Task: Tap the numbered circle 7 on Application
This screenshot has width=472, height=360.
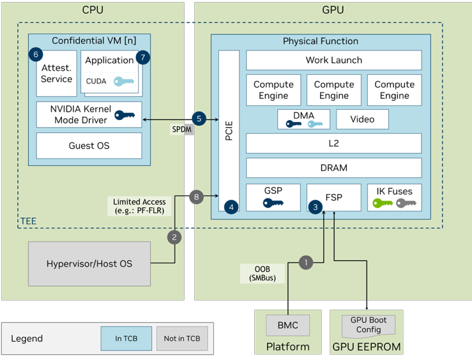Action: click(x=142, y=57)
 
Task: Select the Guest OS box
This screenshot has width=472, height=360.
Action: click(x=89, y=146)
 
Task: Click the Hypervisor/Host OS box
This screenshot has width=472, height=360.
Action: click(x=89, y=264)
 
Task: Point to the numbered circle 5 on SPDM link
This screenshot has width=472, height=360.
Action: click(x=199, y=119)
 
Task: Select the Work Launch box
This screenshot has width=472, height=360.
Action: click(x=333, y=60)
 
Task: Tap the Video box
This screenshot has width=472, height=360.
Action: click(x=362, y=119)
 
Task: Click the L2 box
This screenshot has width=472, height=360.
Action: click(x=333, y=144)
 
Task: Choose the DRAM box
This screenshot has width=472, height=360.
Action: click(x=333, y=168)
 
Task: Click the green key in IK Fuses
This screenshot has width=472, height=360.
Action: click(x=383, y=204)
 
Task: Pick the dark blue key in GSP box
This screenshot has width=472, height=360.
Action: click(x=273, y=204)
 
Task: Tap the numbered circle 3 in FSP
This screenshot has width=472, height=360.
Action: click(x=314, y=207)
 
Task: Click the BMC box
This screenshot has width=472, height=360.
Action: click(x=287, y=325)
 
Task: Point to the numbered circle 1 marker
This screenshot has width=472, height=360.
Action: click(x=307, y=262)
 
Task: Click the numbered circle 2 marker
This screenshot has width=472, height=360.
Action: click(x=174, y=237)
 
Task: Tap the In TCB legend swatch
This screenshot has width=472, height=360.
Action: click(x=126, y=338)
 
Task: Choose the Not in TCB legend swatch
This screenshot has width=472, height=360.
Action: click(x=182, y=338)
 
